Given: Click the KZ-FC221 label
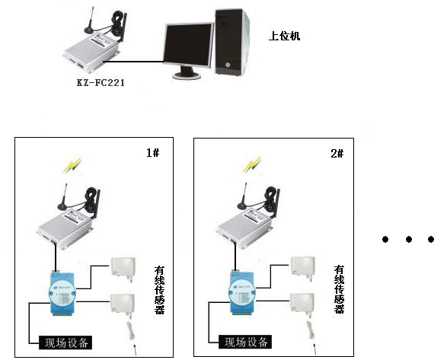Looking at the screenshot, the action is point(101,83).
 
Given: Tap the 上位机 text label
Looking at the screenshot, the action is point(284,37).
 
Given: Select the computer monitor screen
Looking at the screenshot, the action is point(188,46).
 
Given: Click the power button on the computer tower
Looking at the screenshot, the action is point(228,65).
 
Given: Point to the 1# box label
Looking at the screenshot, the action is point(153,153).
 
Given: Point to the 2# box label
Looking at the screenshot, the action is point(337,154).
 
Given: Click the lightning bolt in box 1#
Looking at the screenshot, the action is point(72,165).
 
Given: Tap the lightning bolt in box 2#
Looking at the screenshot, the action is point(252,164).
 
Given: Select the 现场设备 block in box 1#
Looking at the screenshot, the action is point(65,342).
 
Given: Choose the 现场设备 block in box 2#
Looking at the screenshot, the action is point(245,342).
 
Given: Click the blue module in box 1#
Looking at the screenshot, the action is point(62,293).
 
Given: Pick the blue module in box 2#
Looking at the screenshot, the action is point(243,293).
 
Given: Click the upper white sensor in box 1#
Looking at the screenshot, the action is point(123,268).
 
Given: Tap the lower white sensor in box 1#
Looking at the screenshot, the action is point(123,304).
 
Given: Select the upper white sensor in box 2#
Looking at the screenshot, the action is point(303,267).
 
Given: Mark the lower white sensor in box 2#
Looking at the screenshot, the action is point(302,303).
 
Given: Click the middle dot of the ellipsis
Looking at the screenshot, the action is point(409,239).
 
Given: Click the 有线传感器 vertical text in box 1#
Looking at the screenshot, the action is point(160,290).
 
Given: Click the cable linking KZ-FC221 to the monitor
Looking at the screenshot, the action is point(133,62).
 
